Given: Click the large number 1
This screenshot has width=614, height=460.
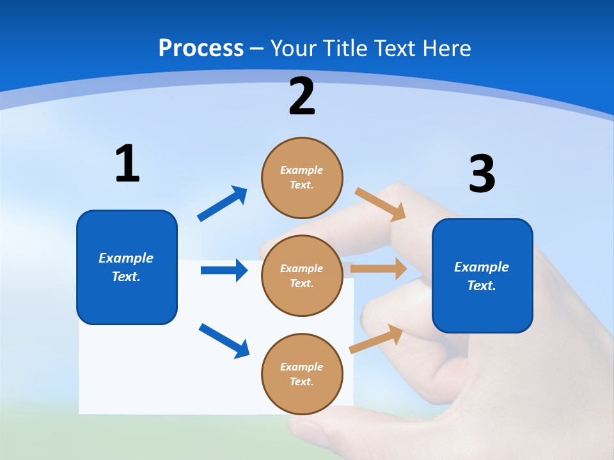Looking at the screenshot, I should (127, 164).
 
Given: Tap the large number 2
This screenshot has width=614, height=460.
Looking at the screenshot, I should (302, 96).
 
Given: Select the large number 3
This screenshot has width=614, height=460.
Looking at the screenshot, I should (482, 174).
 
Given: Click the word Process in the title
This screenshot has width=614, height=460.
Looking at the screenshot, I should (201, 48).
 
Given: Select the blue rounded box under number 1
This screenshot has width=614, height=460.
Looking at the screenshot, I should (127, 267).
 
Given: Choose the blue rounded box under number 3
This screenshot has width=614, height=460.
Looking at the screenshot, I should (482, 276).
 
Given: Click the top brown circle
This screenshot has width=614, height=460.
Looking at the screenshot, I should (302, 178).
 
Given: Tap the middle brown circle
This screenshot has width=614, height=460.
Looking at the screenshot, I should (302, 276).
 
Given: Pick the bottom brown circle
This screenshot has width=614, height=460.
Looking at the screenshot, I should (302, 374).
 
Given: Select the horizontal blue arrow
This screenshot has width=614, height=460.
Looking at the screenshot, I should (224, 270).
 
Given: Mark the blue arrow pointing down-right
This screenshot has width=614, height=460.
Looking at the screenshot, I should (224, 341).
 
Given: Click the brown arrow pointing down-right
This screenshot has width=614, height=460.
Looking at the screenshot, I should (381, 204).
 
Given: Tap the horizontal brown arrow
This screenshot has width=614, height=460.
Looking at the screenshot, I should (379, 269).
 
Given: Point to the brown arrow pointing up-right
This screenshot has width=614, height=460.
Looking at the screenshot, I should (376, 339).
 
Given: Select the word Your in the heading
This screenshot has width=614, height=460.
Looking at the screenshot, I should (292, 48).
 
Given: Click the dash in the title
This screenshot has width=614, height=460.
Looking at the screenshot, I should (257, 49).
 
